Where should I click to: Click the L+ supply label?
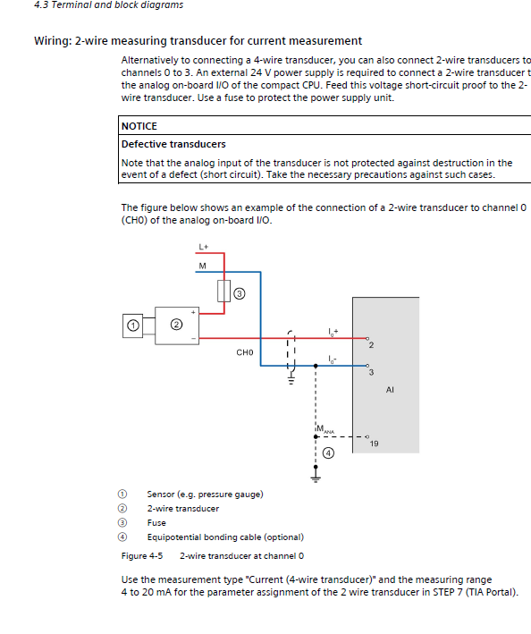click(203, 247)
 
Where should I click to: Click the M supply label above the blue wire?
click(202, 266)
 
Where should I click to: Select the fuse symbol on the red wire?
click(223, 291)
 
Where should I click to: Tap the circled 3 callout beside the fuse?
click(240, 293)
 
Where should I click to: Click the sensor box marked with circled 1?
click(132, 325)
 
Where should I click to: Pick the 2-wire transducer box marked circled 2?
click(177, 325)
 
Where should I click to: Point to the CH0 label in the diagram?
click(245, 352)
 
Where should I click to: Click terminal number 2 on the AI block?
click(371, 345)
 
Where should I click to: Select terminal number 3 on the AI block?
click(371, 372)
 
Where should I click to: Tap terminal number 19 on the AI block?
click(374, 444)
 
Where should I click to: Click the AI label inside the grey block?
click(390, 390)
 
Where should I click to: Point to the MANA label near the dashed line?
click(325, 429)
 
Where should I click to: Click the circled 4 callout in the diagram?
click(328, 453)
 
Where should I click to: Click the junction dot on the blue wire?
click(316, 366)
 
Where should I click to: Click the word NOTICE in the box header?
click(139, 126)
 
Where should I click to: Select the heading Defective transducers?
click(173, 144)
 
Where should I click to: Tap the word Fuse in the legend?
click(156, 523)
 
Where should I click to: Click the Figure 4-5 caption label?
click(142, 556)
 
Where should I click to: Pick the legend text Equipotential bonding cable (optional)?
click(225, 537)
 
